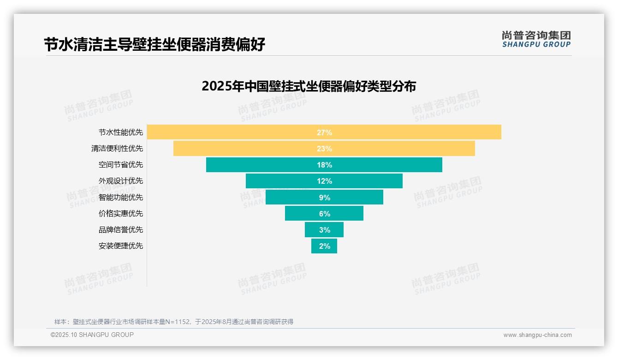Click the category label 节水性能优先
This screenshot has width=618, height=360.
click(121, 132)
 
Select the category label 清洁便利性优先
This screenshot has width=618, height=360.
click(117, 149)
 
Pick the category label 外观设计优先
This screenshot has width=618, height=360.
click(121, 181)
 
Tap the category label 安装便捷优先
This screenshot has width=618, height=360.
click(121, 246)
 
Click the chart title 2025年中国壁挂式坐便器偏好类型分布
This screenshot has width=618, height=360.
click(309, 86)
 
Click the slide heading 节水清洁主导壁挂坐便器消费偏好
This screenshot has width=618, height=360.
click(154, 45)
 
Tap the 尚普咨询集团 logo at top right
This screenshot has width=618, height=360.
click(536, 39)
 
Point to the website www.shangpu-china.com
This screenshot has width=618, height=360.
click(537, 335)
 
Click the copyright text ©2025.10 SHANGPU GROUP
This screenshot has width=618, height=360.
click(92, 335)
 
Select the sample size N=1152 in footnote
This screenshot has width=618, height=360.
click(178, 322)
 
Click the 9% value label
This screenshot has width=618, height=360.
click(324, 198)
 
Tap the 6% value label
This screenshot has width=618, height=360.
click(324, 214)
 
